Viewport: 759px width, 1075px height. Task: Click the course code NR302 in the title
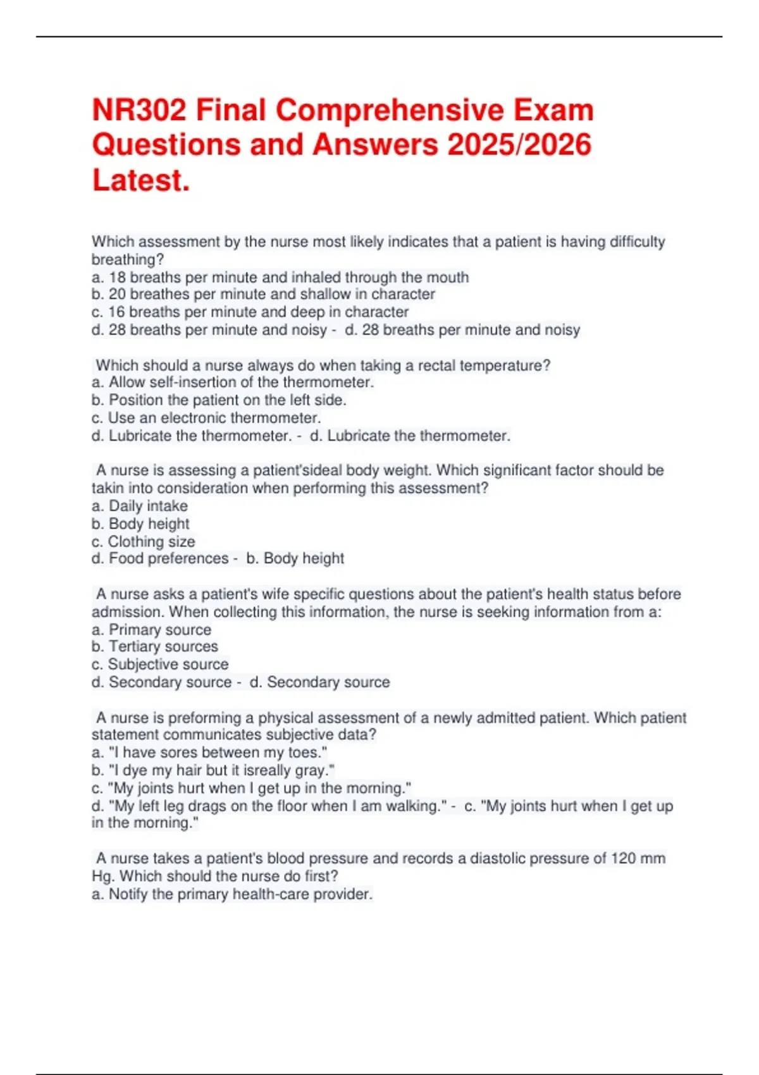139,111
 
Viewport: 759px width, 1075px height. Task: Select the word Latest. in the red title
141,180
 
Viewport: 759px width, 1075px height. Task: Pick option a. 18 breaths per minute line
280,278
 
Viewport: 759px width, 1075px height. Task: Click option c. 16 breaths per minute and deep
250,312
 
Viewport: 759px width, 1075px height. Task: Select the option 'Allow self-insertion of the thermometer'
233,383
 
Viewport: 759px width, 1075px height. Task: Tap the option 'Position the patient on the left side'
219,400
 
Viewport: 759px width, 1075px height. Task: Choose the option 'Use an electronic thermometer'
206,418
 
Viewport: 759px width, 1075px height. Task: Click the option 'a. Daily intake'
140,506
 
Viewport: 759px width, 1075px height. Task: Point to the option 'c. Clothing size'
144,542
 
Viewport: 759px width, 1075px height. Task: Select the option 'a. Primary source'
152,630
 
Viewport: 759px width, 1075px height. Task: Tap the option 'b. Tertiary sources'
155,647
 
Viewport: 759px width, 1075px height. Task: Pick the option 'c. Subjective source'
160,665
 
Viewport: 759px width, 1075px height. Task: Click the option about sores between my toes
209,752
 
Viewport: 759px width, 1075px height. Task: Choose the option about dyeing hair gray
213,770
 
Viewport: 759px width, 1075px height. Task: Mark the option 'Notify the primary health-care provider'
232,894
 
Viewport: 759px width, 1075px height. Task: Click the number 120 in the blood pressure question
623,859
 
